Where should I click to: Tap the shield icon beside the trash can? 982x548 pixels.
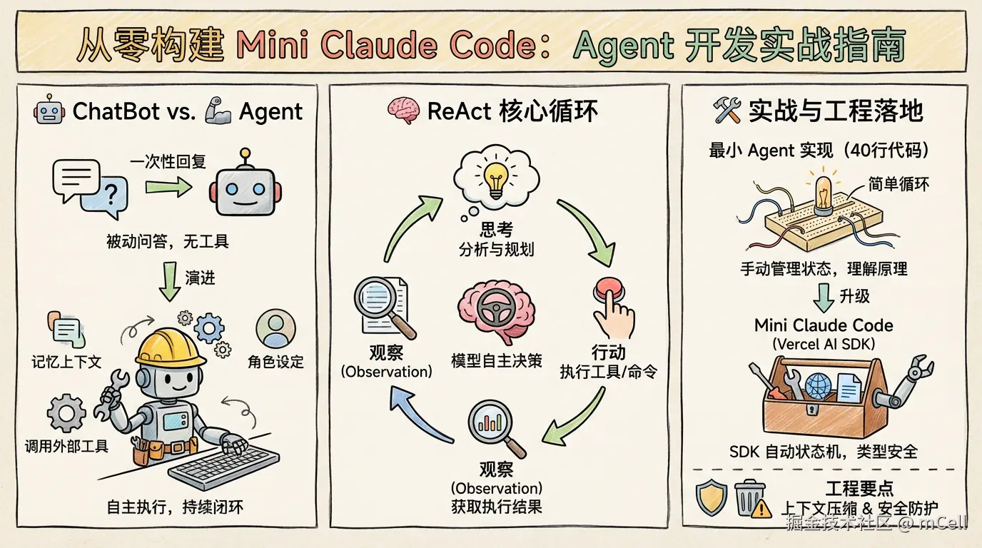[712, 497]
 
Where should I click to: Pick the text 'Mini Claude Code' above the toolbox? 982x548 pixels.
[824, 325]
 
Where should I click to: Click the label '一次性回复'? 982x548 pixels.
[168, 162]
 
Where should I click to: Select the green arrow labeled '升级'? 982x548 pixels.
[823, 295]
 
